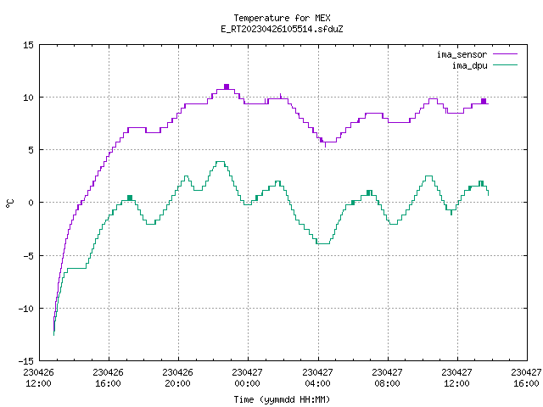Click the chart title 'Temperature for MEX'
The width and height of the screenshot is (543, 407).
(282, 18)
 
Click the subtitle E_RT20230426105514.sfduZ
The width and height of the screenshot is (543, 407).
(282, 29)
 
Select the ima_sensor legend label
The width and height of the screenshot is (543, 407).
(462, 54)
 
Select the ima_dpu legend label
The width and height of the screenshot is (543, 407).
(469, 65)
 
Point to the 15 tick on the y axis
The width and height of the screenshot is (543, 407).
(28, 45)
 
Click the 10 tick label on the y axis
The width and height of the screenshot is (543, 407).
(28, 98)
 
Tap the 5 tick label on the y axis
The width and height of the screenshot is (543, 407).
(31, 150)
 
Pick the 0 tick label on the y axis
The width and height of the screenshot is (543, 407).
(31, 203)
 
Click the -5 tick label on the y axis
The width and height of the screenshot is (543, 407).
(28, 256)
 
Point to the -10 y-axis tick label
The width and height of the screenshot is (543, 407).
(26, 309)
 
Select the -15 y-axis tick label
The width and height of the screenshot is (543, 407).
(26, 361)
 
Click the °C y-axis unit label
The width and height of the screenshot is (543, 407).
(9, 203)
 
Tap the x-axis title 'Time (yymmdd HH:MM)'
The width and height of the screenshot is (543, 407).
(282, 399)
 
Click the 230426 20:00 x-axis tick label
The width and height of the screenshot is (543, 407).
(177, 377)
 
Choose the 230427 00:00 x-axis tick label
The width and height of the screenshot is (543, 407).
(247, 377)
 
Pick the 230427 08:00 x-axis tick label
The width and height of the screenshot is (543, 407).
(387, 377)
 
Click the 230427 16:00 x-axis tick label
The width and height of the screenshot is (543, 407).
(526, 377)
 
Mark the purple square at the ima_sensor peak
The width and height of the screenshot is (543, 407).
(227, 86)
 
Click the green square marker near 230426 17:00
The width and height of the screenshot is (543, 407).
(130, 198)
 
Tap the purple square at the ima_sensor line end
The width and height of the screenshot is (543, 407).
(484, 101)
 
